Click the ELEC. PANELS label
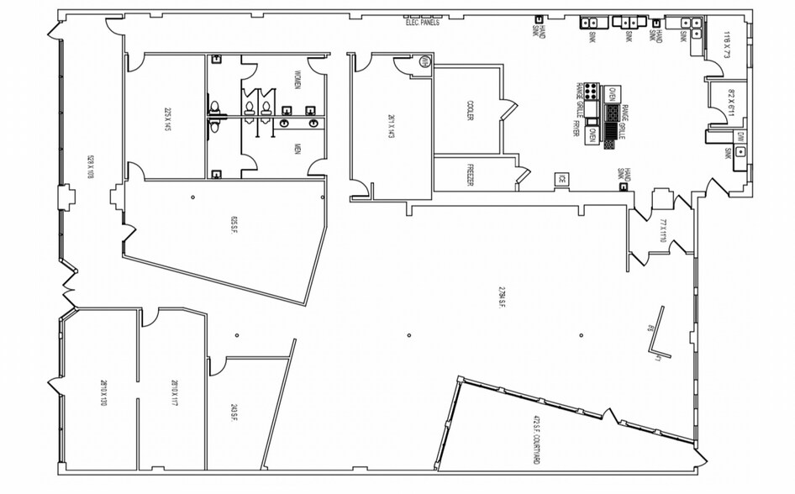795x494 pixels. coord(423,24)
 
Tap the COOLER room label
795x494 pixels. coord(469,111)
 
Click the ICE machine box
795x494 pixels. coord(561,178)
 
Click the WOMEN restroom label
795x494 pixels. coord(297,81)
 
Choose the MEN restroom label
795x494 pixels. coord(297,150)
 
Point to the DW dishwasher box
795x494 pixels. coord(740,136)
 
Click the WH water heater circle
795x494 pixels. coord(425,61)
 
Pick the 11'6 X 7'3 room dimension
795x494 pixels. coord(728,40)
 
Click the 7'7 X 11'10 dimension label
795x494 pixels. coord(663,230)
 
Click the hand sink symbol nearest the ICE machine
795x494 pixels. coord(623,187)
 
